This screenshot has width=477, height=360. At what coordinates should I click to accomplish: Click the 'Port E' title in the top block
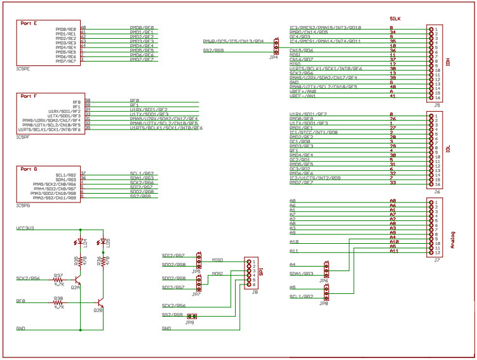(29, 23)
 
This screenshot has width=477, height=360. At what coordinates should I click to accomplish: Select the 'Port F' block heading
(29, 96)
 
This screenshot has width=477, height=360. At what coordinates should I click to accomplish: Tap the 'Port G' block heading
(29, 169)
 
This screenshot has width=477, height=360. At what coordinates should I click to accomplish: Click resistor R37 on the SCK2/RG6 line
(58, 279)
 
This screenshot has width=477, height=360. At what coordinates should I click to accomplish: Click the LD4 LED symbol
(81, 242)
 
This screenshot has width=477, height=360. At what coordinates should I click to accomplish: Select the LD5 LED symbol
(104, 242)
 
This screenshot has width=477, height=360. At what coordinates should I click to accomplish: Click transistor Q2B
(100, 303)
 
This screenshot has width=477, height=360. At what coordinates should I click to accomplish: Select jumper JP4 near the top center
(276, 46)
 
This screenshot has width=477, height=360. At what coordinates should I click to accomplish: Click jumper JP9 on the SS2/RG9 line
(190, 316)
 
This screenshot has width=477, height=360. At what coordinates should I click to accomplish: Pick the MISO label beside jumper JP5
(216, 259)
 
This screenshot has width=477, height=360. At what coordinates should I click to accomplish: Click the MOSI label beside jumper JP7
(216, 274)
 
